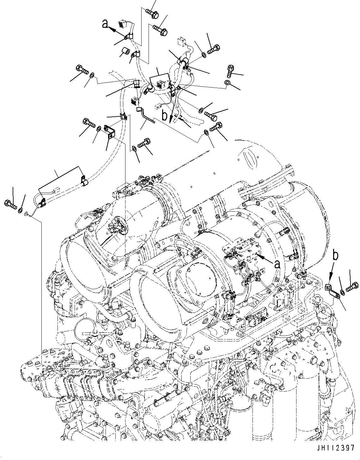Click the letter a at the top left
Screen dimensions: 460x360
[x=105, y=24]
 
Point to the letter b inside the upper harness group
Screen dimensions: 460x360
[x=164, y=116]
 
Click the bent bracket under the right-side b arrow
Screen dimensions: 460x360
[x=333, y=291]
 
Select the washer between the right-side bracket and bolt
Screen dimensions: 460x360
[x=343, y=290]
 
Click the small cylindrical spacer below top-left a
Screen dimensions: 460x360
[x=126, y=51]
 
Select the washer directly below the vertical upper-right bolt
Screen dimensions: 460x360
[x=228, y=83]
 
